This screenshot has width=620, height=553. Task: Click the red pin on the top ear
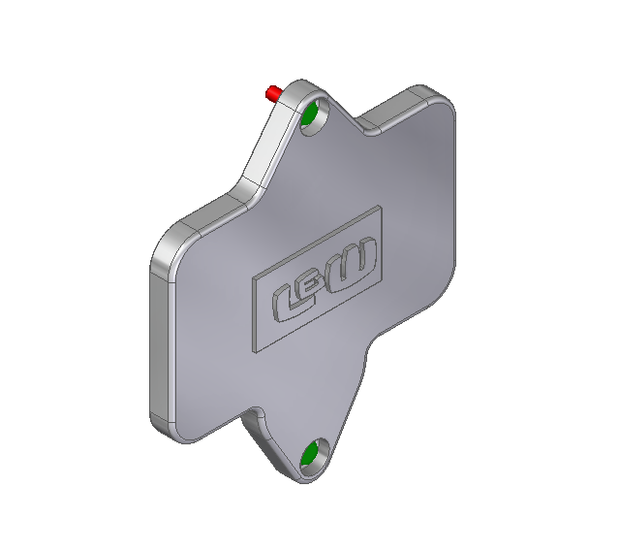[273, 93]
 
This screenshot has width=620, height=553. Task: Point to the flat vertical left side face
[155, 340]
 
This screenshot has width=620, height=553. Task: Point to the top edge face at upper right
[407, 96]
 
